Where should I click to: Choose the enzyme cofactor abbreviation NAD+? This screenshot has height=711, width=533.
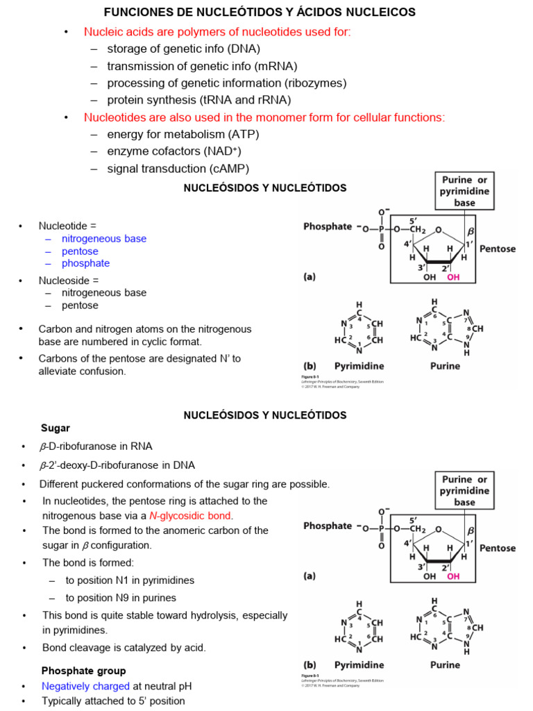(x=221, y=151)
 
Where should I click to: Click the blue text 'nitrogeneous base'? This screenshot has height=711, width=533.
(x=104, y=239)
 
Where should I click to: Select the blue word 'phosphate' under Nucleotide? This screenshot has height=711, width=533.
(x=85, y=264)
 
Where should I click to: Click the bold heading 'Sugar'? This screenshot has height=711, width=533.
(x=56, y=428)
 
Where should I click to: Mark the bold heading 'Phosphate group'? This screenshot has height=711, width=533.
(x=84, y=671)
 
